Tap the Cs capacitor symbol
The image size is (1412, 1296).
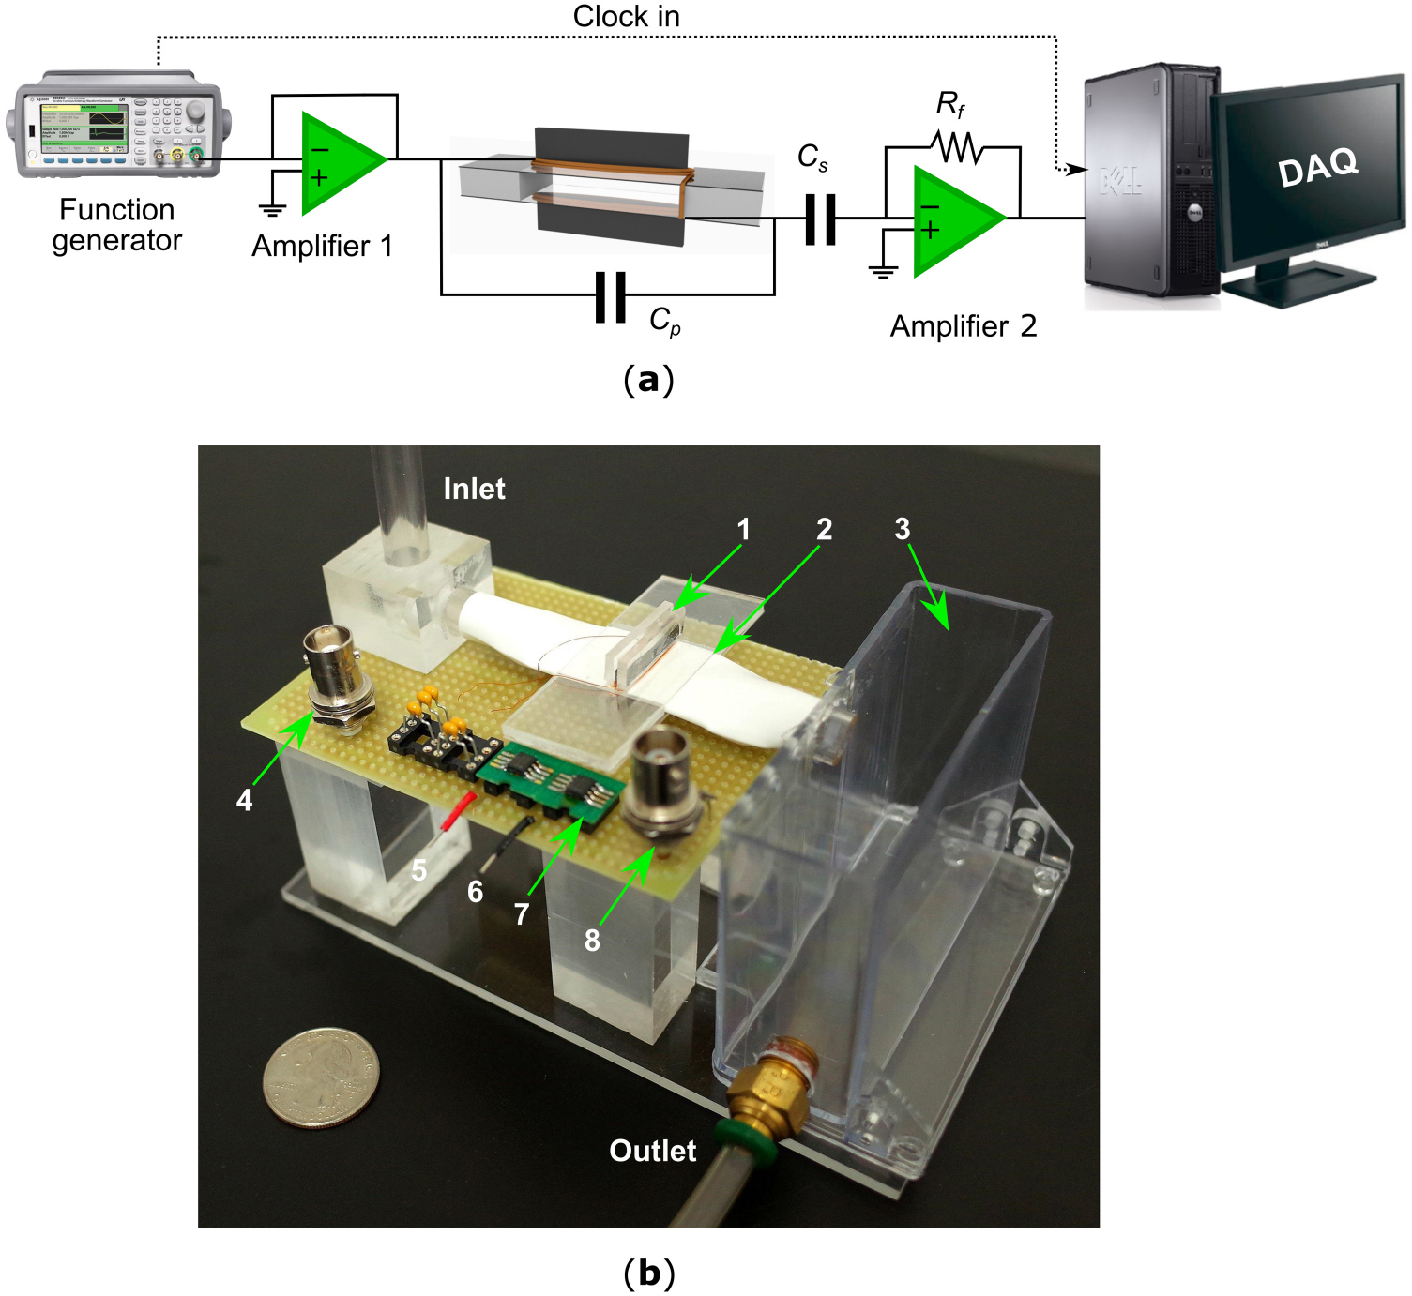tap(820, 219)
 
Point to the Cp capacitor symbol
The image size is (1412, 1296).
tap(611, 296)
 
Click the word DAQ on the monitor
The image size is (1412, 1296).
tap(1317, 167)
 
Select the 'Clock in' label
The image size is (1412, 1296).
tap(626, 16)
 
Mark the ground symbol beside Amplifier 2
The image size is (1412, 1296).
tap(883, 272)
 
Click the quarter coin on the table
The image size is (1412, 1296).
tap(322, 1077)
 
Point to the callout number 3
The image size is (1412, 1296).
tap(902, 529)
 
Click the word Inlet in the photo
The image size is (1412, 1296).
tap(474, 489)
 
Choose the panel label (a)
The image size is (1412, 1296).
tap(648, 380)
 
